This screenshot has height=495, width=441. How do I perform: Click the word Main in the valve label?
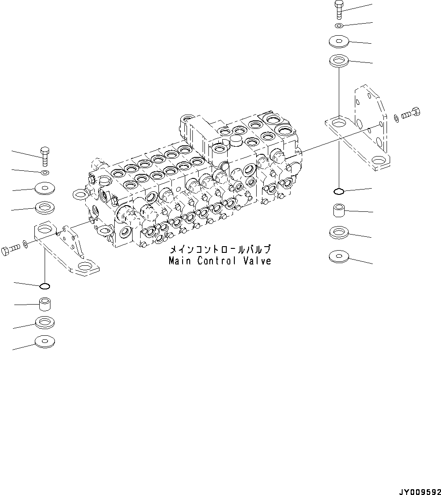pyautogui.click(x=179, y=261)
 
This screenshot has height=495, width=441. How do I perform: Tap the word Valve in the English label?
pyautogui.click(x=257, y=261)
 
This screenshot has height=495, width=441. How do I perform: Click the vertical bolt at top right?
pyautogui.click(x=338, y=10)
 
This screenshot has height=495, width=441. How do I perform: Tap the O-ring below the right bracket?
pyautogui.click(x=339, y=192)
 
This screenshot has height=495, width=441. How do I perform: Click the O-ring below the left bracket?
pyautogui.click(x=45, y=286)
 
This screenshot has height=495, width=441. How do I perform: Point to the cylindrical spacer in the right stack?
pyautogui.click(x=338, y=210)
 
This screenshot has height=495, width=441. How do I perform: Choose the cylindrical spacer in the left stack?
pyautogui.click(x=45, y=305)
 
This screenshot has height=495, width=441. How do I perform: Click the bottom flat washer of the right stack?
pyautogui.click(x=339, y=256)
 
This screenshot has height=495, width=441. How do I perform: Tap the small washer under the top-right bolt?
pyautogui.click(x=339, y=26)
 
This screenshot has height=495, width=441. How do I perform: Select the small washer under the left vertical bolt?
pyautogui.click(x=45, y=172)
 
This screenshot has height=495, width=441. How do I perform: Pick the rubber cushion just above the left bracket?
pyautogui.click(x=45, y=207)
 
